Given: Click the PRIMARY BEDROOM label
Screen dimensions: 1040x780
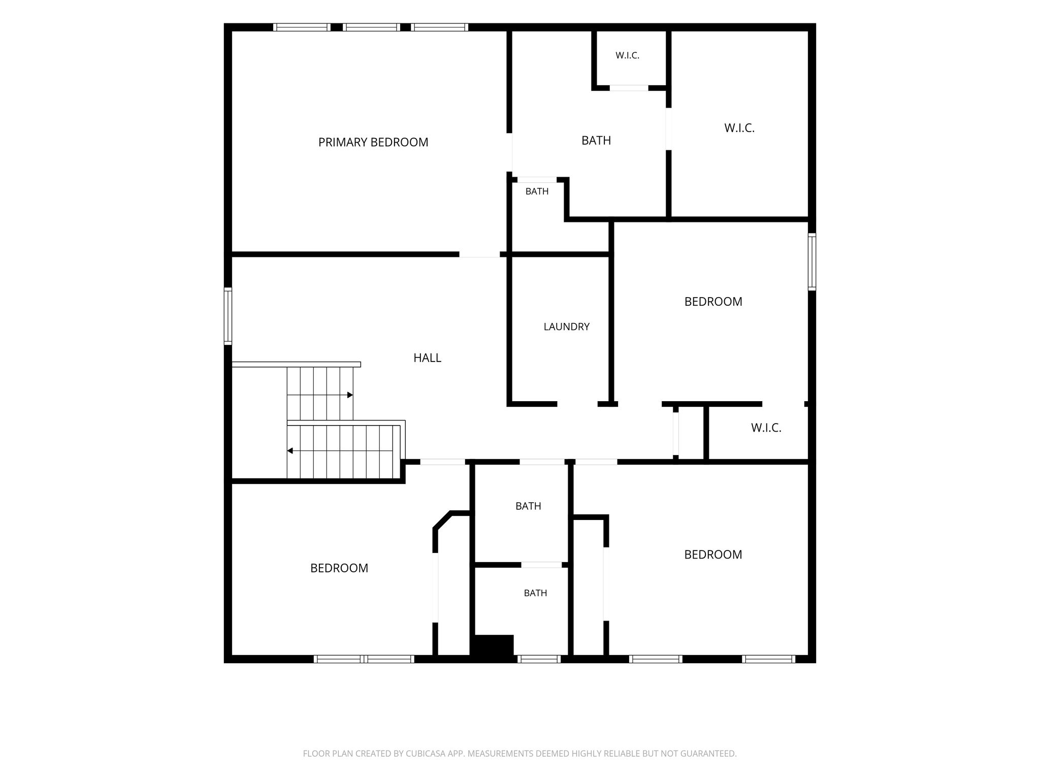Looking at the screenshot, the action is pos(373,143).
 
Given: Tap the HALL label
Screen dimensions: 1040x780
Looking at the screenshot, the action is pos(427,358).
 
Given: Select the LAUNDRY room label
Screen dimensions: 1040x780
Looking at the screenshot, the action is pos(567,327).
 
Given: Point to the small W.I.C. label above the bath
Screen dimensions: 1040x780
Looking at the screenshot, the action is pos(627,56).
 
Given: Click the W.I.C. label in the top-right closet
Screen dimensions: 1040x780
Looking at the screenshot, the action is pos(739,128).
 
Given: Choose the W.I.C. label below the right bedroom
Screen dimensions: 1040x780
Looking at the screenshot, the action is pos(766,428).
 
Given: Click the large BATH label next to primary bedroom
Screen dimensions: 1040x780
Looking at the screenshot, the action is pos(596,141).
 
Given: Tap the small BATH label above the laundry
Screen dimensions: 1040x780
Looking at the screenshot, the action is pos(537,191).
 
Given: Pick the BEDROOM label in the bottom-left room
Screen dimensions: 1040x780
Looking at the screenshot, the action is pos(339,568).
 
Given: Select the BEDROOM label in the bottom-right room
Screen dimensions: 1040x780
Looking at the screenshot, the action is pos(713,555).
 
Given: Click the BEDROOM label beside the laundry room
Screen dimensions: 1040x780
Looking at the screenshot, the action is pos(713,302).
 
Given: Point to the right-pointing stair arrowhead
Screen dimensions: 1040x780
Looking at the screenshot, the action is pos(350,395).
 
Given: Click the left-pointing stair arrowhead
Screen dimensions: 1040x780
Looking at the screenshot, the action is pos(290,450).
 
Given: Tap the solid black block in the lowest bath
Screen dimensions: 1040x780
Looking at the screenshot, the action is pos(493,645).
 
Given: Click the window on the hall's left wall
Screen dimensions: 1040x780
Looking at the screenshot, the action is pos(228,316).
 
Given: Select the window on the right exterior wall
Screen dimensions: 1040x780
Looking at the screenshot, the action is pos(812,262).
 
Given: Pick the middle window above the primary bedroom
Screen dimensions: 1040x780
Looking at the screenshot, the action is pos(371,27).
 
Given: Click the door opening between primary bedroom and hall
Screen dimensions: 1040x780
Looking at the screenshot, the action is pos(479,254).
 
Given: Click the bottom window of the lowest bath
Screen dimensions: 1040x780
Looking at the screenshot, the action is pos(539,659).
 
